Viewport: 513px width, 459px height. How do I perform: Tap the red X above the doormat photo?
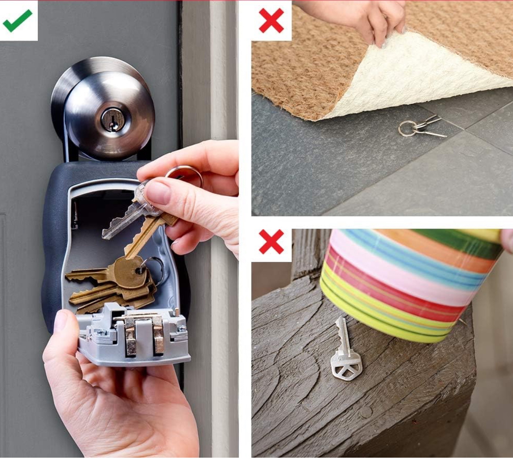point(271,20)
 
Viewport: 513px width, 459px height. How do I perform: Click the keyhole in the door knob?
point(110,119)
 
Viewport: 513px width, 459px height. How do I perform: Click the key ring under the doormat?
point(408,128)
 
